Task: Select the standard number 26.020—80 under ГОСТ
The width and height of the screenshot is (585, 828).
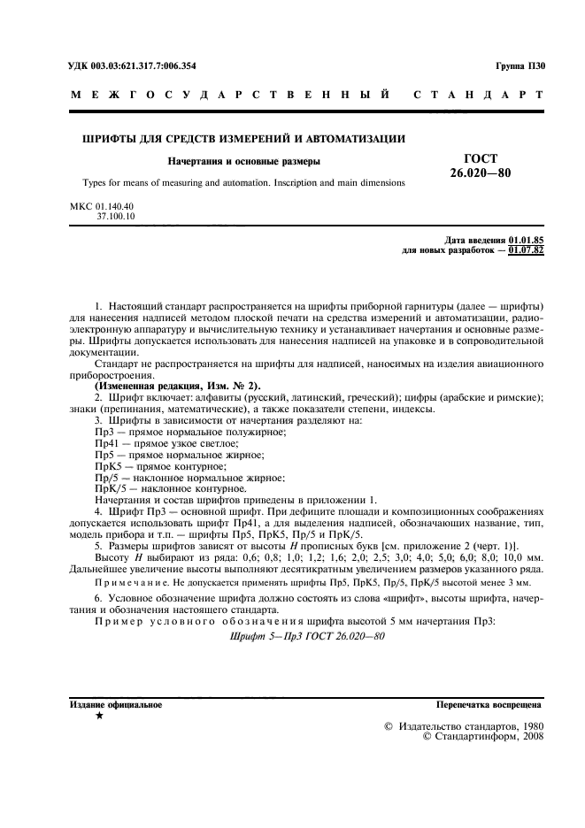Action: point(480,172)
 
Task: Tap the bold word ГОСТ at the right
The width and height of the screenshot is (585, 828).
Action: point(481,157)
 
